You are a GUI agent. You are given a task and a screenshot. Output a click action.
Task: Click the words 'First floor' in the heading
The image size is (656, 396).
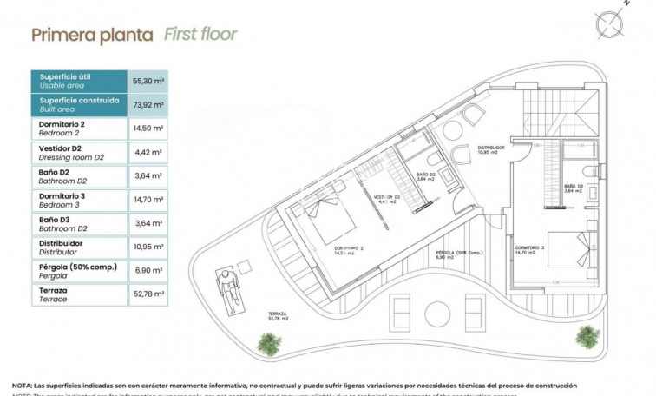point(200,35)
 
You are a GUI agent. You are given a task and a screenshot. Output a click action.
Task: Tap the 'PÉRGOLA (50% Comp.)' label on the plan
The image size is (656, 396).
point(459,254)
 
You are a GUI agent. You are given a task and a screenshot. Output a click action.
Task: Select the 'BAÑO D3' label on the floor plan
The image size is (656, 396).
point(572,188)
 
